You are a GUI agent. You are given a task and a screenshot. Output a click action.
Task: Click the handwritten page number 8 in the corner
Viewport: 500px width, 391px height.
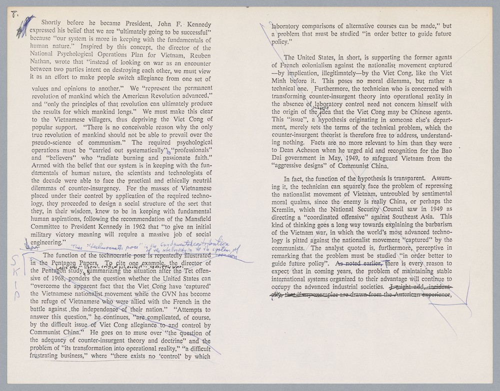tap(13, 14)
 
